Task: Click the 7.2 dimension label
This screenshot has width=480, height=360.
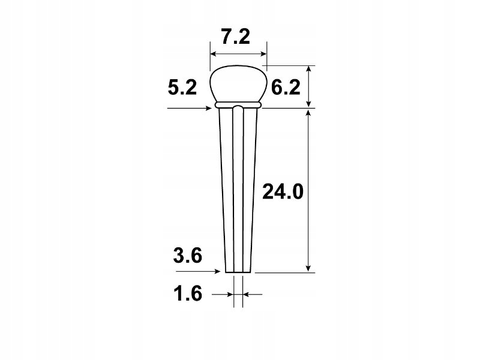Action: pos(238,38)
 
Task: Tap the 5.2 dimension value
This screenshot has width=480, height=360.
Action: pos(182,89)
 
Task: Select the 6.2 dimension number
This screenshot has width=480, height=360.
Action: pos(285,89)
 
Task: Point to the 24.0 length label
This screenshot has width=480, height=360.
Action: pos(283,192)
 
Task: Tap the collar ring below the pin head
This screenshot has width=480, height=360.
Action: pos(238,105)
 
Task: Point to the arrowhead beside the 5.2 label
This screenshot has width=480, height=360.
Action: pos(209,108)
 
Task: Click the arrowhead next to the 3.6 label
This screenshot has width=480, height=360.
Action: pos(221,271)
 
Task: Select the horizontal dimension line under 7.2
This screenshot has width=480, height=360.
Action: pos(238,53)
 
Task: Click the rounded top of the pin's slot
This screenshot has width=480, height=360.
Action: pos(238,107)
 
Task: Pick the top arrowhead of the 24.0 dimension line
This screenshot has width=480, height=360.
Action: pos(308,113)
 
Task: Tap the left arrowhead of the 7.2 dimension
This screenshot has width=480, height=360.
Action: pos(213,53)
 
